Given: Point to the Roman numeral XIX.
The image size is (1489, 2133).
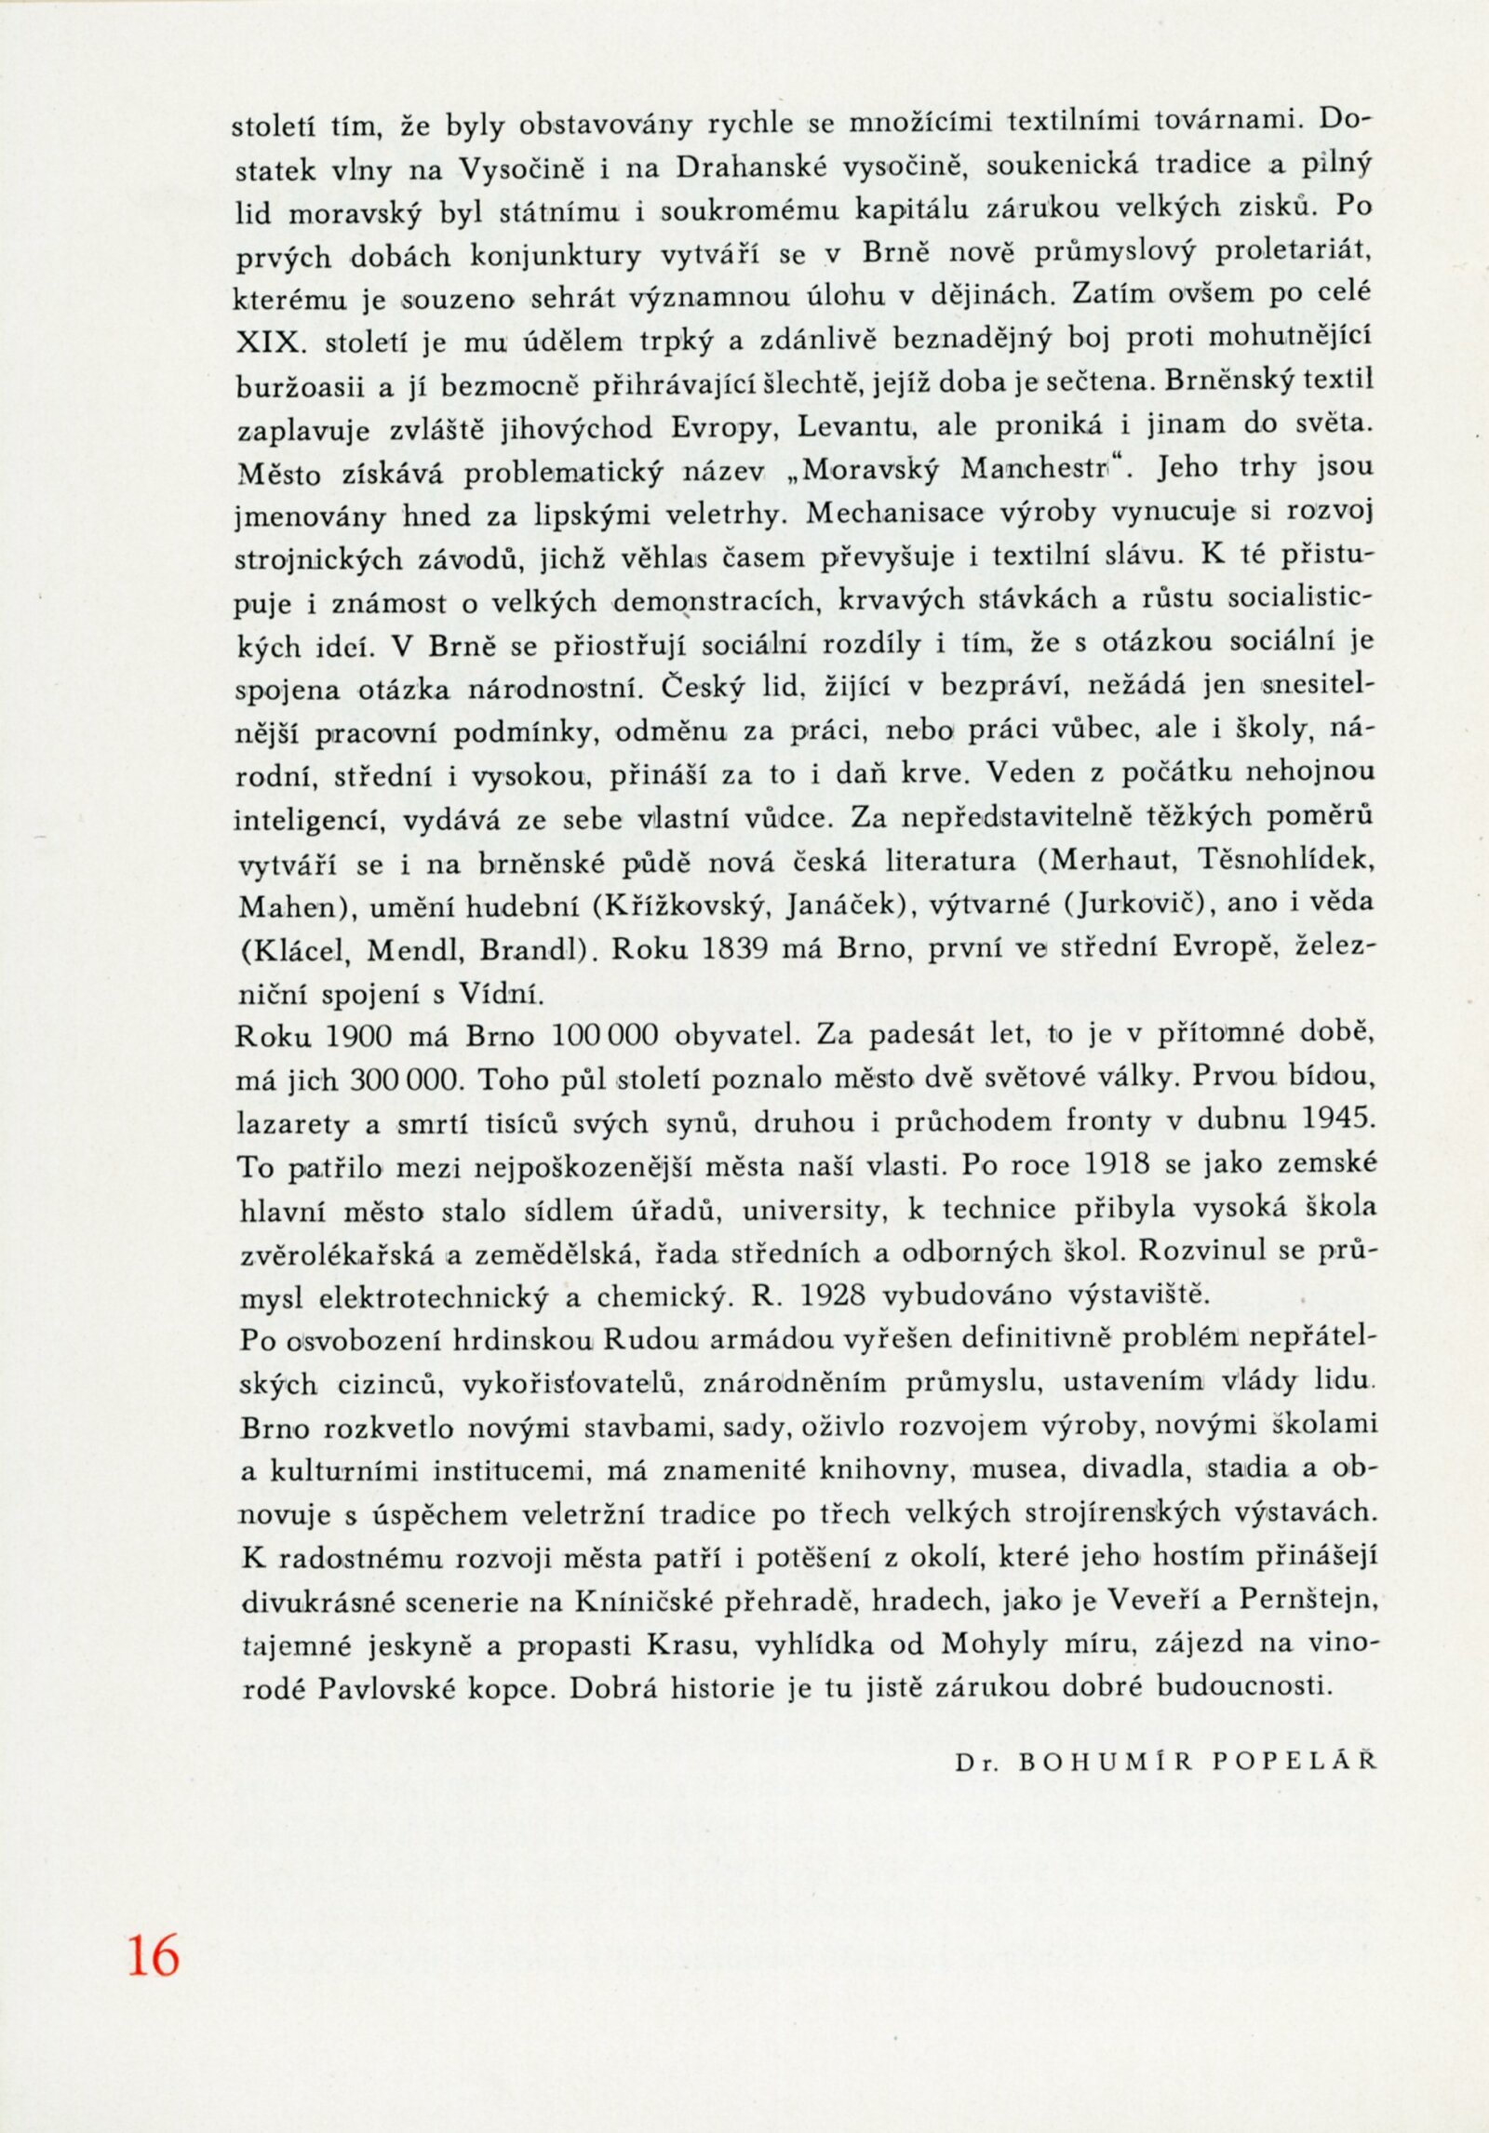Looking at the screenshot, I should [x=270, y=342].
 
